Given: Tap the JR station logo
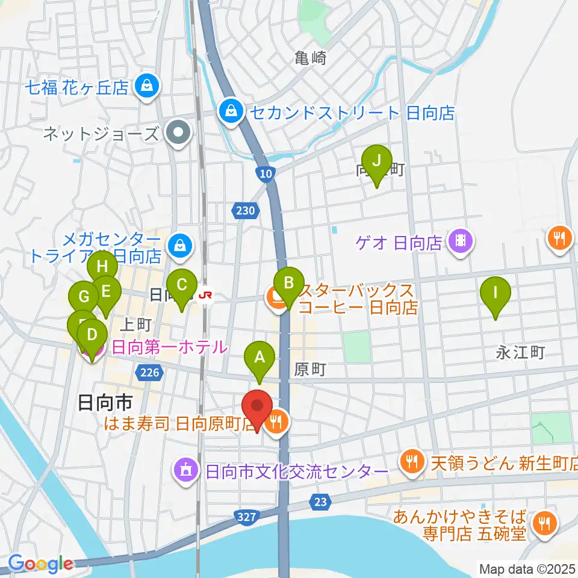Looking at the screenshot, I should pyautogui.click(x=206, y=295).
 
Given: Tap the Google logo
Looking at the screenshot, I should pyautogui.click(x=41, y=564).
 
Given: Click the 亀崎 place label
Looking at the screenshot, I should pyautogui.click(x=311, y=58).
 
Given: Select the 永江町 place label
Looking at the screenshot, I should pyautogui.click(x=520, y=352).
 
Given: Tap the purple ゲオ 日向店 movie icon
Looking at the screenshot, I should pyautogui.click(x=461, y=243).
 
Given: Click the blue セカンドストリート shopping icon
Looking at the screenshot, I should pyautogui.click(x=229, y=111).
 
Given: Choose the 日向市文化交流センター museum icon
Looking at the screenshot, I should pyautogui.click(x=185, y=470).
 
